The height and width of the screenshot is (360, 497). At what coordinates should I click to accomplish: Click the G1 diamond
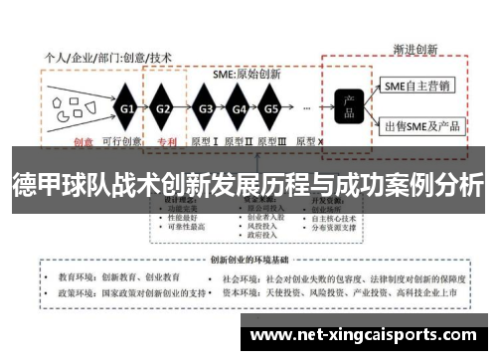pyautogui.click(x=127, y=107)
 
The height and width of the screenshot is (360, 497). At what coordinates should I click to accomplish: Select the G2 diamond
pyautogui.click(x=164, y=107)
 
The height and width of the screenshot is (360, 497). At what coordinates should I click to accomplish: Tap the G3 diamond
pyautogui.click(x=206, y=107)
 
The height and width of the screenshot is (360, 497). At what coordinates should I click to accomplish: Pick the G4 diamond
pyautogui.click(x=239, y=107)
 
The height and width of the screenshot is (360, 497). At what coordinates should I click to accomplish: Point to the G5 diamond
pyautogui.click(x=270, y=107)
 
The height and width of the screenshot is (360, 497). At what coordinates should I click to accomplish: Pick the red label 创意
pyautogui.click(x=81, y=141)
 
